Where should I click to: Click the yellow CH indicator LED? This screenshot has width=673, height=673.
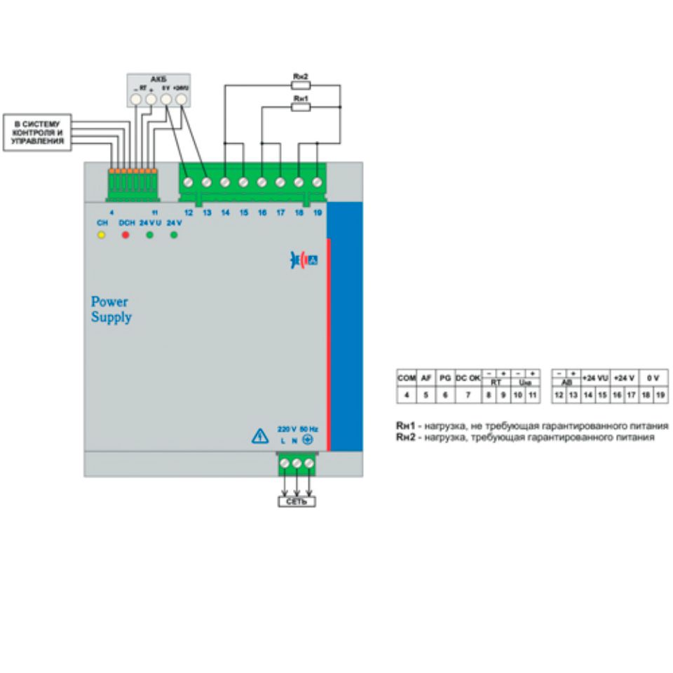point(101,234)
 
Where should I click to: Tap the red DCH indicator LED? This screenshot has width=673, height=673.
point(126,234)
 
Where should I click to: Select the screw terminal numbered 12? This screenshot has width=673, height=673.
point(189,182)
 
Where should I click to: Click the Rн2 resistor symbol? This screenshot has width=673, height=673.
point(300,85)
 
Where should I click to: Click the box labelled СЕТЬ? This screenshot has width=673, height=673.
point(295,502)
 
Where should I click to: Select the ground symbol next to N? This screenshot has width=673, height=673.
point(306,441)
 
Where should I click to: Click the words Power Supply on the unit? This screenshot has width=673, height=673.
point(110,308)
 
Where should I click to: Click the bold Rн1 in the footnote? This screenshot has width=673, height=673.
point(403,426)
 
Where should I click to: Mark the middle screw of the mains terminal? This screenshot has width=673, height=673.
point(296,463)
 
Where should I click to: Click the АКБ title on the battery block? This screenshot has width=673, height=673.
point(157,79)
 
